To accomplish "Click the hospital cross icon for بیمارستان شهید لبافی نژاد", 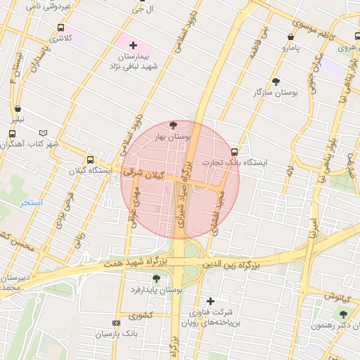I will [x=134, y=45].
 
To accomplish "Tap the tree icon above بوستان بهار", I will [x=174, y=125].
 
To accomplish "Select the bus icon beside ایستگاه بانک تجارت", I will [x=234, y=151].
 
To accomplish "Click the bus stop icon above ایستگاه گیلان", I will [x=89, y=160].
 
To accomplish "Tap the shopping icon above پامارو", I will [x=291, y=37].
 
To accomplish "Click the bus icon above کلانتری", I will [x=61, y=27].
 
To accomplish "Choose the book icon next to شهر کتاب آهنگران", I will [x=44, y=132].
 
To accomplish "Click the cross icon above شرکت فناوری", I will [x=210, y=301].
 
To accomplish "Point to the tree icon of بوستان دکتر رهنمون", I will [x=343, y=315].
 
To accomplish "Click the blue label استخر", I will [x=31, y=202].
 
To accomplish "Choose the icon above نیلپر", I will [x=17, y=109].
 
